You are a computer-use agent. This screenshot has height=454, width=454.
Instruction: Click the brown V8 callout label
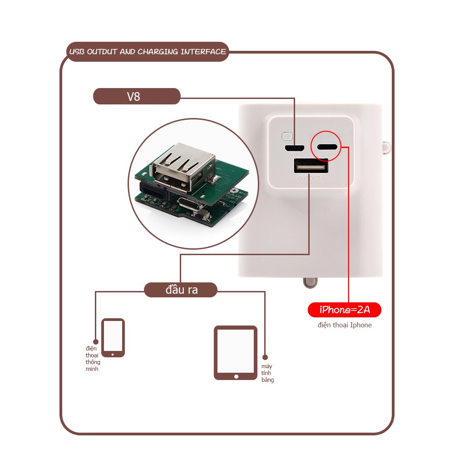point(137,96)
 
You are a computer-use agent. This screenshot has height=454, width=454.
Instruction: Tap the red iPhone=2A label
point(344,310)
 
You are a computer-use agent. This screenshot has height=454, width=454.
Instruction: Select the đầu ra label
point(181,290)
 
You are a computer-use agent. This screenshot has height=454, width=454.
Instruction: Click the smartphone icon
point(113,337)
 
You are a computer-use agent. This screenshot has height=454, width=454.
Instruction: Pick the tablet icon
point(236,352)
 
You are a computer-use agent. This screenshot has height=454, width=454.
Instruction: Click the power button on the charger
point(286,136)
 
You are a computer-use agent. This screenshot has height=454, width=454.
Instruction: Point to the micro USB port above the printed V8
point(294,148)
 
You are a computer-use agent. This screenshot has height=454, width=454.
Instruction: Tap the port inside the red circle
point(327,147)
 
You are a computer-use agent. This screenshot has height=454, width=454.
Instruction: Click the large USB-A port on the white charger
point(311,168)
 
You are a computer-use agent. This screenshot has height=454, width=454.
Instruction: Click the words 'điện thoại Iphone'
point(345,325)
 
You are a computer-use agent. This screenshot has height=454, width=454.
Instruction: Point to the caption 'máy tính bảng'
point(267,373)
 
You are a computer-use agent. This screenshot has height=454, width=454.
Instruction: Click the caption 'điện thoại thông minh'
point(93,359)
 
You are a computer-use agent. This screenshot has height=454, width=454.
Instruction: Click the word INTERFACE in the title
point(203,52)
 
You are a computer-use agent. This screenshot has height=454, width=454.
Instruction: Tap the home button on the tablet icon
point(236,376)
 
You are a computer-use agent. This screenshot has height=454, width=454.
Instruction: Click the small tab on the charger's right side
point(386,147)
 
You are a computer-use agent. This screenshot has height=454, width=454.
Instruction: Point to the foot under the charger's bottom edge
point(310,282)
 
